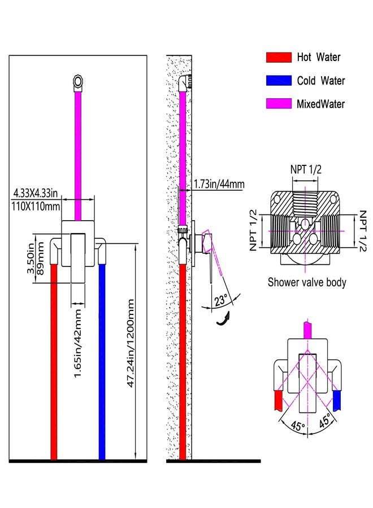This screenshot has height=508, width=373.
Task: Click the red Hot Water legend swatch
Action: (279, 57)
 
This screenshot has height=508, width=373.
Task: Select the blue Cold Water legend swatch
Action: (279, 80)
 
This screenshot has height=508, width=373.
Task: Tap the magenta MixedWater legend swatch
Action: (279, 103)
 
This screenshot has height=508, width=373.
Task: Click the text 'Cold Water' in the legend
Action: (321, 80)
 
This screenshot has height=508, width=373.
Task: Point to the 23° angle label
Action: (220, 300)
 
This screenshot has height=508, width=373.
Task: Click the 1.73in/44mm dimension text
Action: (219, 184)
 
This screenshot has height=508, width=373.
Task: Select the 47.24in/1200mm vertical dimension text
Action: (131, 343)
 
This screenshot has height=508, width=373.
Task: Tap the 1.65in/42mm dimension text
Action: (77, 344)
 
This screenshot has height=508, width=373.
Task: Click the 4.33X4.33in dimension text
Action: (36, 193)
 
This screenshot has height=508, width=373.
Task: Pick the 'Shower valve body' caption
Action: (307, 282)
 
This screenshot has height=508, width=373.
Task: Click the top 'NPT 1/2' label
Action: (306, 169)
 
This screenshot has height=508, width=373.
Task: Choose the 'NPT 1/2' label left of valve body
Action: (253, 230)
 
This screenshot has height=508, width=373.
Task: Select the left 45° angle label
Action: (298, 426)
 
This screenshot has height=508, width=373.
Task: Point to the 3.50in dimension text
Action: (31, 258)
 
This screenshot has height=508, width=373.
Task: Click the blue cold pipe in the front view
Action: (102, 362)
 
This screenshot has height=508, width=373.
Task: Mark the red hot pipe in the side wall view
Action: (183, 362)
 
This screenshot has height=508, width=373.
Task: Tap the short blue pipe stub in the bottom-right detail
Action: (337, 400)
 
